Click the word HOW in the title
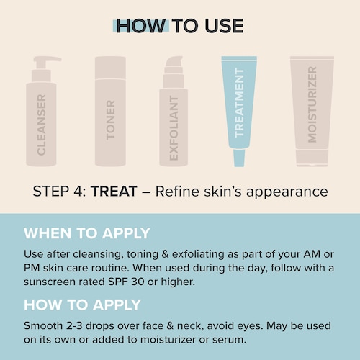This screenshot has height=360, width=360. pyautogui.click(x=141, y=26)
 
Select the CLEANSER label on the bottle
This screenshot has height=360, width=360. pyautogui.click(x=41, y=125)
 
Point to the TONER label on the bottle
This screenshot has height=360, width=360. pyautogui.click(x=110, y=120)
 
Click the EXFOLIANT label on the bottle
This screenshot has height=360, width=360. pyautogui.click(x=174, y=128)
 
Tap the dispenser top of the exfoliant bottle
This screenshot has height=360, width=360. pyautogui.click(x=174, y=72)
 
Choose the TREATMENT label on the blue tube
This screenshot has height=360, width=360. pyautogui.click(x=239, y=102)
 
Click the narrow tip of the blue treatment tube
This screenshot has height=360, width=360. pyautogui.click(x=239, y=158)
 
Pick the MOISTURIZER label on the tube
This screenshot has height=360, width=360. pyautogui.click(x=312, y=104)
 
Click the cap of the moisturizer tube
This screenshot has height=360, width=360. pyautogui.click(x=312, y=158)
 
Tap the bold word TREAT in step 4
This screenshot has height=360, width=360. pyautogui.click(x=114, y=192)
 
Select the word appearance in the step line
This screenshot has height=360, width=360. pyautogui.click(x=287, y=192)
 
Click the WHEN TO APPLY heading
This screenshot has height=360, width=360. pyautogui.click(x=87, y=233)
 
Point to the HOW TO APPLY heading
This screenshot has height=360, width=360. pyautogui.click(x=82, y=305)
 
